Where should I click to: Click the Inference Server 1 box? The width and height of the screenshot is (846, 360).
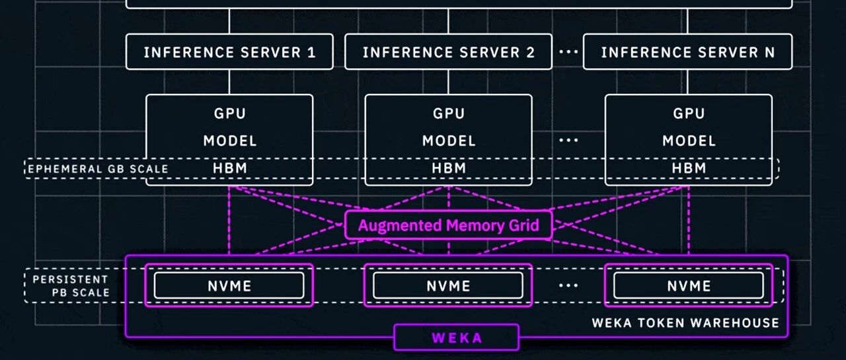229,52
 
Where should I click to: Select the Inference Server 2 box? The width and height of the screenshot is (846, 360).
448,52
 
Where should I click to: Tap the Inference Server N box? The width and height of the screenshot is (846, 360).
687,52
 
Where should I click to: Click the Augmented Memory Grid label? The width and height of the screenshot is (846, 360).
448,226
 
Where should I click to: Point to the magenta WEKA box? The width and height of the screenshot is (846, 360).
457,338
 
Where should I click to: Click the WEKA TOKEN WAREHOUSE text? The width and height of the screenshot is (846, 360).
685,323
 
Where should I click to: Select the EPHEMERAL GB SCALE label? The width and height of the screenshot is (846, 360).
97,169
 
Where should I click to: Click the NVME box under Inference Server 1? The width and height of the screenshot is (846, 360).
229,285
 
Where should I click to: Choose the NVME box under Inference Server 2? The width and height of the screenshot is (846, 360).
448,285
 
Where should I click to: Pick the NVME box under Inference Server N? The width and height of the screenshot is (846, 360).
688,285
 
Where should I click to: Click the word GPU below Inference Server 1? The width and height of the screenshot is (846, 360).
229,114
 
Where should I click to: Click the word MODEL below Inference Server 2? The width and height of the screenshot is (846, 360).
449,141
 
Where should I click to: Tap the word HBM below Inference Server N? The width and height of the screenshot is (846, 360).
689,168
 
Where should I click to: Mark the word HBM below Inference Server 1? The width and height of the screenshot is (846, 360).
229,168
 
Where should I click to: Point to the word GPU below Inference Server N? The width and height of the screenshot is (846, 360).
689,114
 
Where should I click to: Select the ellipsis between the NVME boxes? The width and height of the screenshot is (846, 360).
568,285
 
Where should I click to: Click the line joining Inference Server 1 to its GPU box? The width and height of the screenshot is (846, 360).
229,82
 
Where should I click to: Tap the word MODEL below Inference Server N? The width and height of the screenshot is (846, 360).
689,141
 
